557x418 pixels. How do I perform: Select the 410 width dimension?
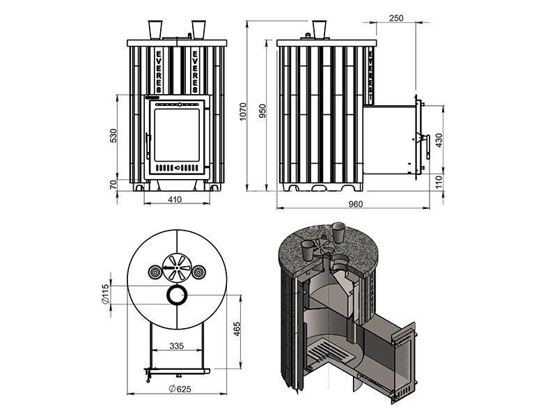[x=175, y=201]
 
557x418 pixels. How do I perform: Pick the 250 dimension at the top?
[x=398, y=18]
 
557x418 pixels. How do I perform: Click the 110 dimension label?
[x=438, y=183]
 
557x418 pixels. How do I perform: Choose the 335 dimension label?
[x=176, y=346]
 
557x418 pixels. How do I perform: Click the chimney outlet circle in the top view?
[x=175, y=295]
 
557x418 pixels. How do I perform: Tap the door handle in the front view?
[x=148, y=143]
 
